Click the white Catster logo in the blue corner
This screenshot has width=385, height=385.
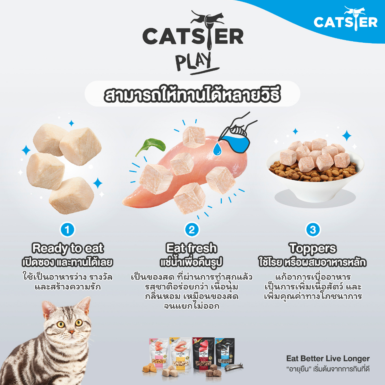point(345,20)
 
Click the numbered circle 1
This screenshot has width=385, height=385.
point(67,229)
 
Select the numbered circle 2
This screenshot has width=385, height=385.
point(192,229)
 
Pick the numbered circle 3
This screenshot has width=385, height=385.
point(313,229)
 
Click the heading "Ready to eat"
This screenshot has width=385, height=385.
point(68,248)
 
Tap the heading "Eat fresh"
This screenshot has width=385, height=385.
point(192,248)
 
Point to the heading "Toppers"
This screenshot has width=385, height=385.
point(312,248)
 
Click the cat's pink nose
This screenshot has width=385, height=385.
point(71,331)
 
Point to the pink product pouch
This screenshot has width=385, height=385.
point(158,353)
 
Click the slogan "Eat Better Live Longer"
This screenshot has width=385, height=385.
point(328,358)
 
